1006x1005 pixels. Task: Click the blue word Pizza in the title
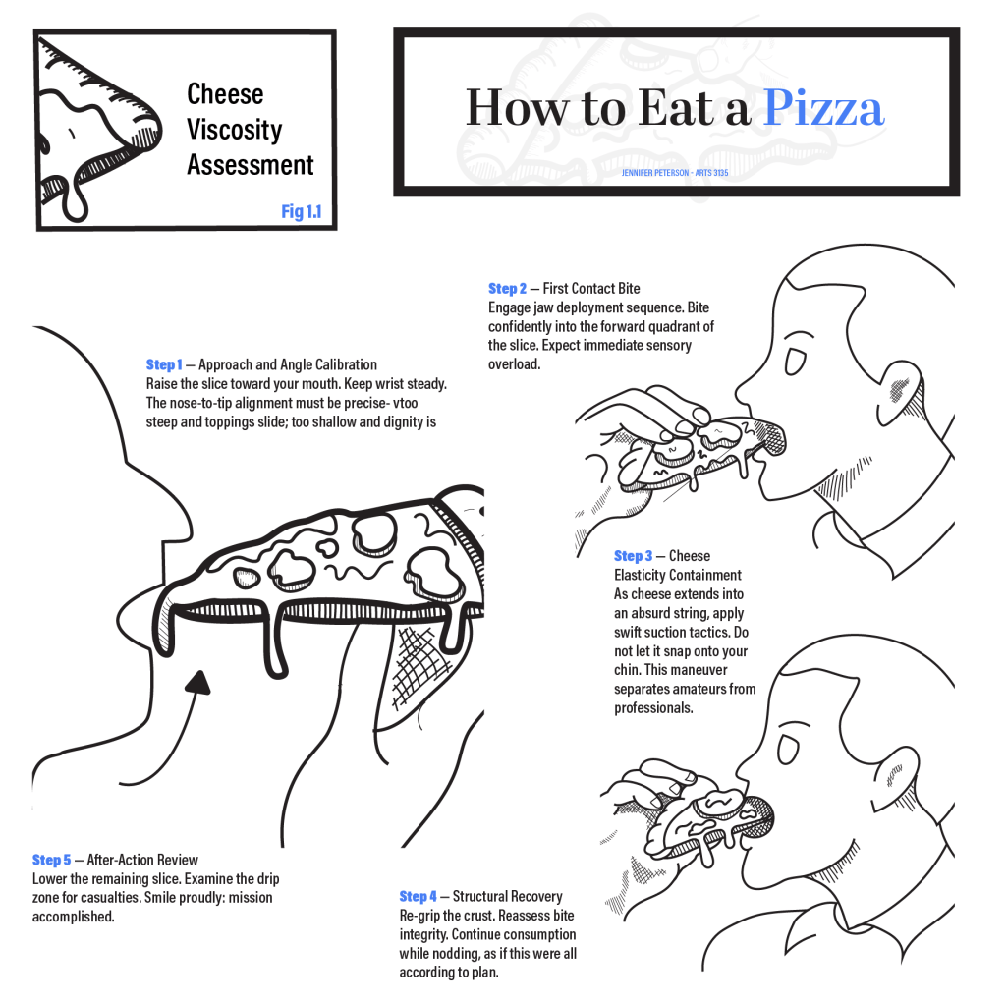824,107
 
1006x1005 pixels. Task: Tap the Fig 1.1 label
302,211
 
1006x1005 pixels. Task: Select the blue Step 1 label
164,364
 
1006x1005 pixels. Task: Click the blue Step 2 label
507,288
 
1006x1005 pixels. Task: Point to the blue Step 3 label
633,556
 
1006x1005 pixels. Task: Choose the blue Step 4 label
418,896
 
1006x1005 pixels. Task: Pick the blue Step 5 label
51,860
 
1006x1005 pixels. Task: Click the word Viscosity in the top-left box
234,130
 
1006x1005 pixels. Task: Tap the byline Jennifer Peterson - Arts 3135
675,173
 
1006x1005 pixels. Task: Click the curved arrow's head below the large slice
199,682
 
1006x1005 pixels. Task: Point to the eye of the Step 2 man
795,361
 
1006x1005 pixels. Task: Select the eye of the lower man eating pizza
788,748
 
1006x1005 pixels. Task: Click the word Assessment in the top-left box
251,165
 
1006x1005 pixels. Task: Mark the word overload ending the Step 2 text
514,364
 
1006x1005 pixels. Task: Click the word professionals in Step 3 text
653,708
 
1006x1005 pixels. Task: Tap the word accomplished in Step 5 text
73,917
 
